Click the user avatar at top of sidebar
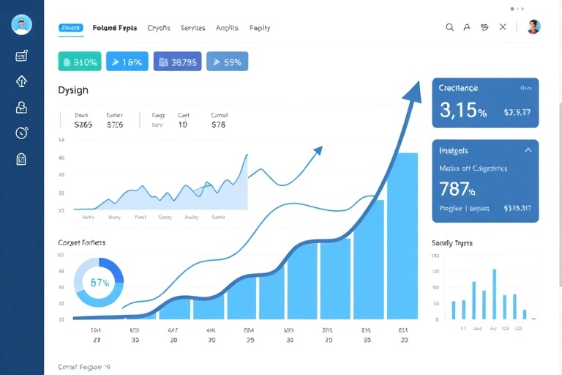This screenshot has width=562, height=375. pos(21,24)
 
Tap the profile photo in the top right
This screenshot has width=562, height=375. pos(533,27)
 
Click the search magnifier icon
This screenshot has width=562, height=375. pos(450,27)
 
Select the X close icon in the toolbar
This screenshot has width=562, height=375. pos(503,27)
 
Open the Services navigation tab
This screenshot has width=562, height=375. pos(192,28)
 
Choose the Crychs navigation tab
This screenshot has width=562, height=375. pos(159,28)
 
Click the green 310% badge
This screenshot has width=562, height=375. pos(79,62)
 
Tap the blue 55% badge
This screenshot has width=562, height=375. pos(227,62)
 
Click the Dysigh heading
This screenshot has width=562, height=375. pos(73,90)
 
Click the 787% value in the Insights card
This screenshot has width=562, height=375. pos(457,189)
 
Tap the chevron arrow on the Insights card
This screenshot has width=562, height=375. pos(528,150)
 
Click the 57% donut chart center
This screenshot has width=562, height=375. pos(100,283)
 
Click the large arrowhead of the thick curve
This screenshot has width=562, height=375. pos(413,92)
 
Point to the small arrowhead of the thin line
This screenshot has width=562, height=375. pos(318,151)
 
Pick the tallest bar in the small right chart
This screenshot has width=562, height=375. pos(494,294)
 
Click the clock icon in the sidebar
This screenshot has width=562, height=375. pos(21,133)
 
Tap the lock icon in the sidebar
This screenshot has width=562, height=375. pos(21,107)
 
